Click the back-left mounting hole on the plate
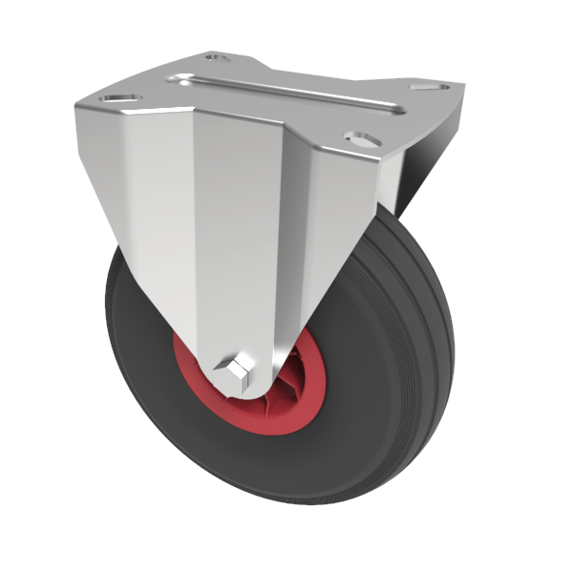219,58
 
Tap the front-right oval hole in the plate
361,139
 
